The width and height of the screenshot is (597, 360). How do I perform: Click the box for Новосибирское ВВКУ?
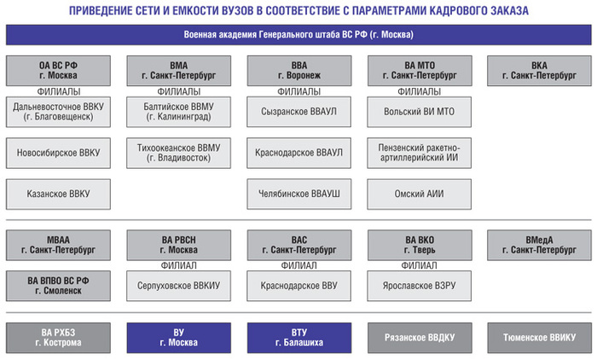(58, 153)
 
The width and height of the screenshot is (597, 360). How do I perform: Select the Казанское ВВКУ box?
(58, 194)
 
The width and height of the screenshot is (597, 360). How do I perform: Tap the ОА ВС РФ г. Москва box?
(58, 71)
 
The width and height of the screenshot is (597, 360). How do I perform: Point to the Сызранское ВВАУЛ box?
(298, 112)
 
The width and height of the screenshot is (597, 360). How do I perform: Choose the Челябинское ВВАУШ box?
(298, 194)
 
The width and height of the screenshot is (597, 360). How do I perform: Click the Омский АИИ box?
(420, 194)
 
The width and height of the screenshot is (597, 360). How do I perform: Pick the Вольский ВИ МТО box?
(420, 112)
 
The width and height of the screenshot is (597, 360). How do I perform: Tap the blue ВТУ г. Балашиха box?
(298, 338)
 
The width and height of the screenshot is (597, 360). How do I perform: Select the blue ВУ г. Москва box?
(178, 338)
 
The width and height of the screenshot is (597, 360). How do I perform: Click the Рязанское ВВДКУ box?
(420, 338)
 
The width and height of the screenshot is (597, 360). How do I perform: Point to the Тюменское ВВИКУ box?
(539, 338)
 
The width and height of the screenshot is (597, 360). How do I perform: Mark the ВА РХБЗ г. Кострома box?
(58, 338)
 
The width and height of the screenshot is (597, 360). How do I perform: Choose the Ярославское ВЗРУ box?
(420, 286)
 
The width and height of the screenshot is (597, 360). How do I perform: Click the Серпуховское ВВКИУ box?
(178, 286)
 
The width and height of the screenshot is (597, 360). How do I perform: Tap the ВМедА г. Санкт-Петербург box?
(539, 245)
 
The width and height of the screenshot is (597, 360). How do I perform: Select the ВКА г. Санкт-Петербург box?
(539, 71)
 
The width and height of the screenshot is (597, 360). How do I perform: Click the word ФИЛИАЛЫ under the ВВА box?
(298, 91)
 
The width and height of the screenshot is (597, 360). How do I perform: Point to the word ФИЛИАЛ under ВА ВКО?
(420, 265)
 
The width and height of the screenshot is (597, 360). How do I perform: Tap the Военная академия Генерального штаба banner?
(298, 35)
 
